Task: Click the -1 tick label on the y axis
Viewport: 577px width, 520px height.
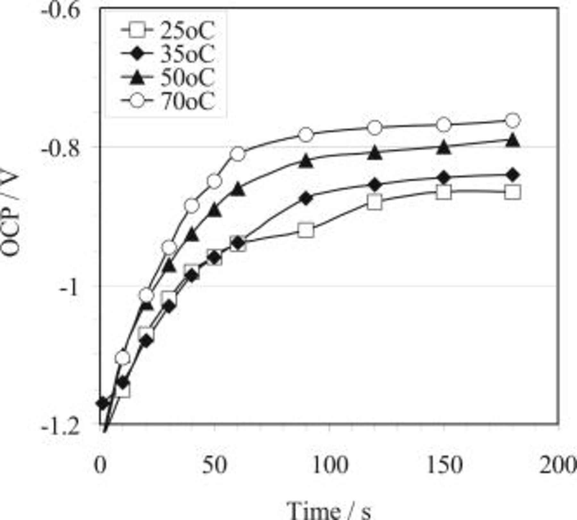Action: click(x=69, y=287)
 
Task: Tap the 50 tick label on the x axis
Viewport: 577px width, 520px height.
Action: click(x=214, y=465)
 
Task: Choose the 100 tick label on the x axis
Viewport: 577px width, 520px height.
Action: click(x=330, y=465)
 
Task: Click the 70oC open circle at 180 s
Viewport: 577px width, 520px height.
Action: click(x=513, y=121)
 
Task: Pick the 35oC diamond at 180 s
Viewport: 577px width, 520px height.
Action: click(x=513, y=175)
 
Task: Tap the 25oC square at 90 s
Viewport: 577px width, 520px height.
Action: click(x=306, y=230)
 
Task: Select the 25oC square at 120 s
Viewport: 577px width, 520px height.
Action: click(x=375, y=202)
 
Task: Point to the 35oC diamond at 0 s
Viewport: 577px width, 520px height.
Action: click(x=102, y=403)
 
